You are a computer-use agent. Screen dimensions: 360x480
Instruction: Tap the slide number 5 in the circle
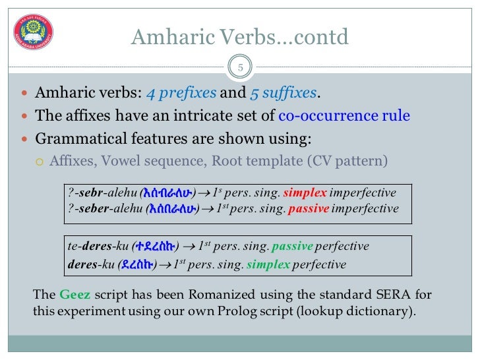[x=240, y=67]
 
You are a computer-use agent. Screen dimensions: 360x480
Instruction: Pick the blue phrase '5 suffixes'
[x=284, y=93]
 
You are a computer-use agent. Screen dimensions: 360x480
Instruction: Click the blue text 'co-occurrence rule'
[x=344, y=116]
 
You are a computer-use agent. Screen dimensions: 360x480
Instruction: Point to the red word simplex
[x=305, y=193]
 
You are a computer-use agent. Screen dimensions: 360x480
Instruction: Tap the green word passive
[x=292, y=247]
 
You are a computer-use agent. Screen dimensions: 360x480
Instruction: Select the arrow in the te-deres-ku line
[x=189, y=247]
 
